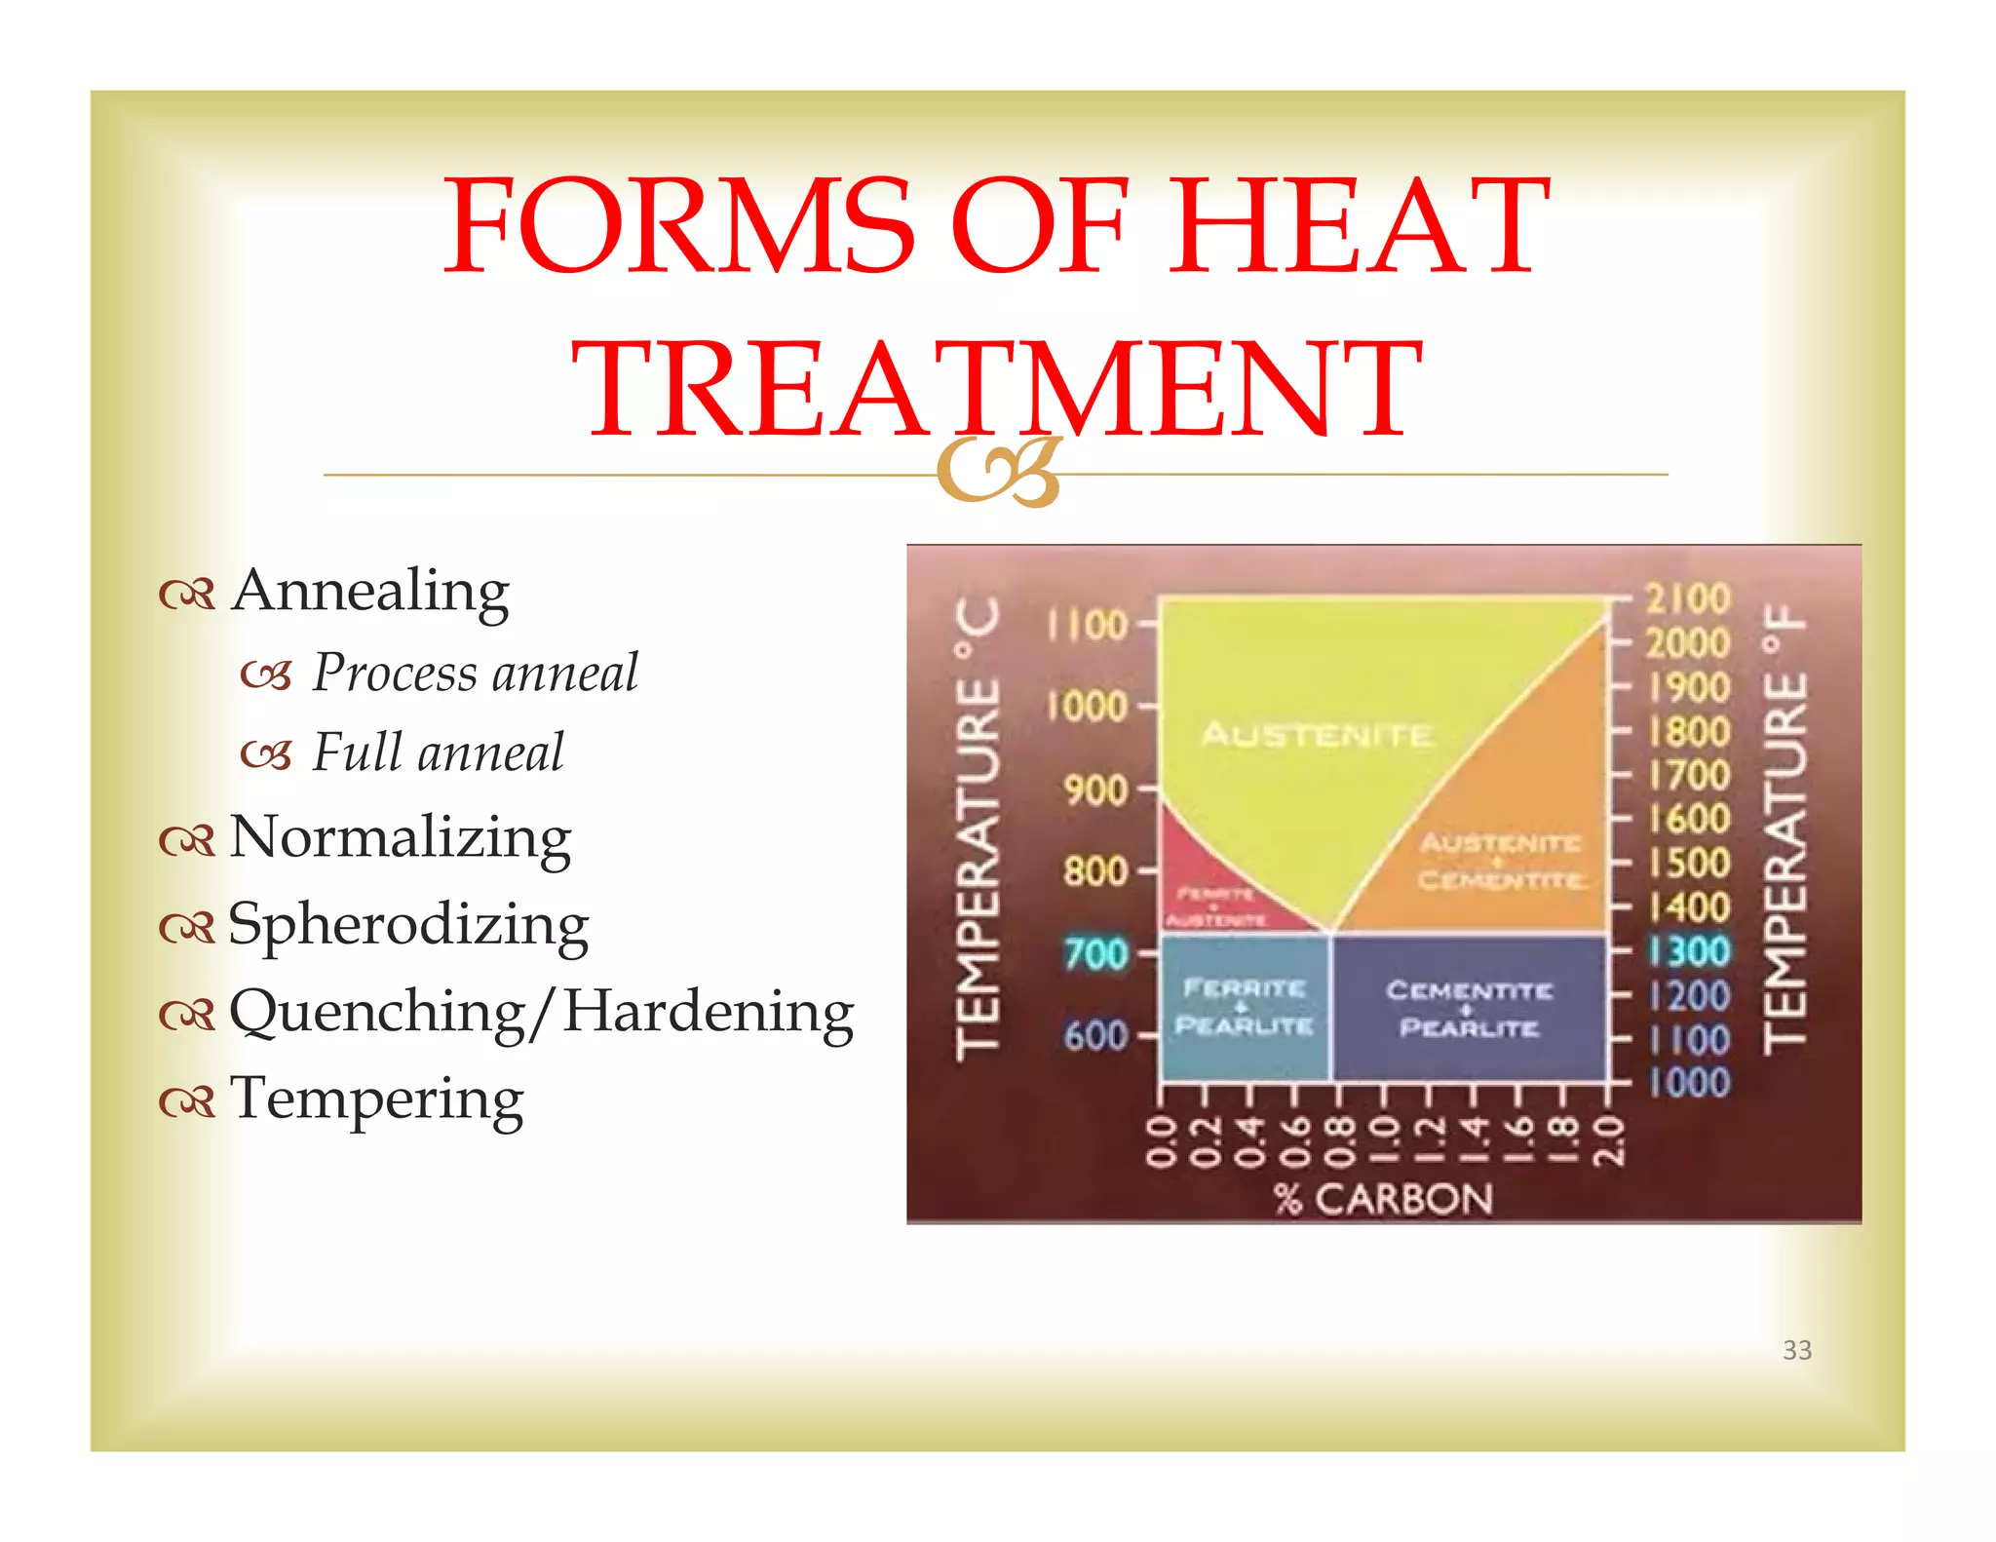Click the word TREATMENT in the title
[996, 388]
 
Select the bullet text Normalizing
[400, 838]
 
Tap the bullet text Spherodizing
[407, 925]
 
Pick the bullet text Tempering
[376, 1099]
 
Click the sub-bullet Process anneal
[475, 674]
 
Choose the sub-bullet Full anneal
[438, 753]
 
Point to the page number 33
[1796, 1350]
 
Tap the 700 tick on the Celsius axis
[1096, 953]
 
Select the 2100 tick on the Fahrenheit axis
[1687, 598]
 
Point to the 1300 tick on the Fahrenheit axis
[1689, 951]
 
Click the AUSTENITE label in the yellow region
[1317, 734]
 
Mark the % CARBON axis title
[1383, 1199]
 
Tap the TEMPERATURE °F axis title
[1785, 829]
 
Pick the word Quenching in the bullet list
[377, 1013]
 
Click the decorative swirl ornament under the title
[998, 473]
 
